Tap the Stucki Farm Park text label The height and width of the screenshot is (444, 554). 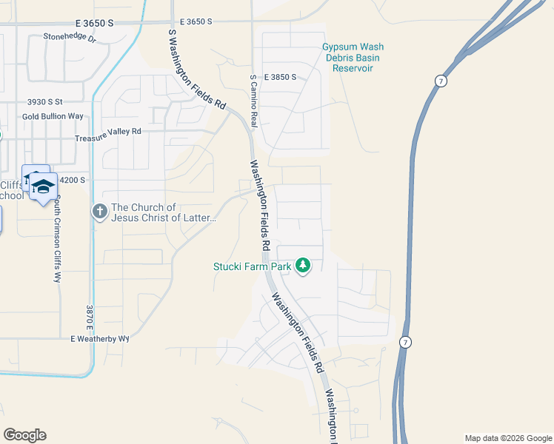tap(253, 266)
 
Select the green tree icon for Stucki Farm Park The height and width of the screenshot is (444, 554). tap(303, 265)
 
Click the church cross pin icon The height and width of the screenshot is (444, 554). tap(100, 212)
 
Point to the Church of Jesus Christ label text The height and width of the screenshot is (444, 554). tap(163, 212)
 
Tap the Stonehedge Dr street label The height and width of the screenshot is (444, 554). tap(70, 36)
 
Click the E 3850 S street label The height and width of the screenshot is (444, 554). tap(278, 77)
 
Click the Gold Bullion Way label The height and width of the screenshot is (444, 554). tap(53, 117)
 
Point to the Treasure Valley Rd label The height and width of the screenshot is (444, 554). tap(107, 131)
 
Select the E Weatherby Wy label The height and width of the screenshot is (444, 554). tap(100, 338)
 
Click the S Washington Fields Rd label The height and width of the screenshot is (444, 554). tap(196, 70)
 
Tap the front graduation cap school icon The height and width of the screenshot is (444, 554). tap(44, 186)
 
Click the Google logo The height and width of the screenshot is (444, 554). tap(24, 435)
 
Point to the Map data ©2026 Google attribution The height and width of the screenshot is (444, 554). tap(508, 438)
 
